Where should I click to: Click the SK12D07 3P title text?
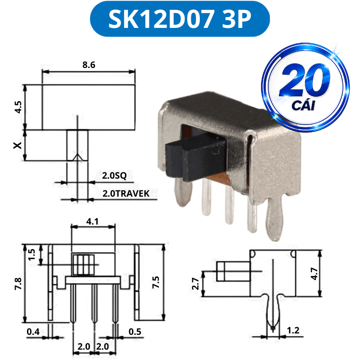(180, 19)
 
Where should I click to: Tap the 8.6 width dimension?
(89, 65)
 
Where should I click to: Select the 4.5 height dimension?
(18, 107)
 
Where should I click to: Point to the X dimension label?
(18, 145)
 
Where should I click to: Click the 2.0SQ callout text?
(114, 175)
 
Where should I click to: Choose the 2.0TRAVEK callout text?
(126, 193)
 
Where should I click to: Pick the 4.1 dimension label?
(92, 221)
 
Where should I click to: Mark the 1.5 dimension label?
(31, 255)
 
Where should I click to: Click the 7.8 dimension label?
(18, 284)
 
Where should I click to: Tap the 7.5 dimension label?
(156, 282)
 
